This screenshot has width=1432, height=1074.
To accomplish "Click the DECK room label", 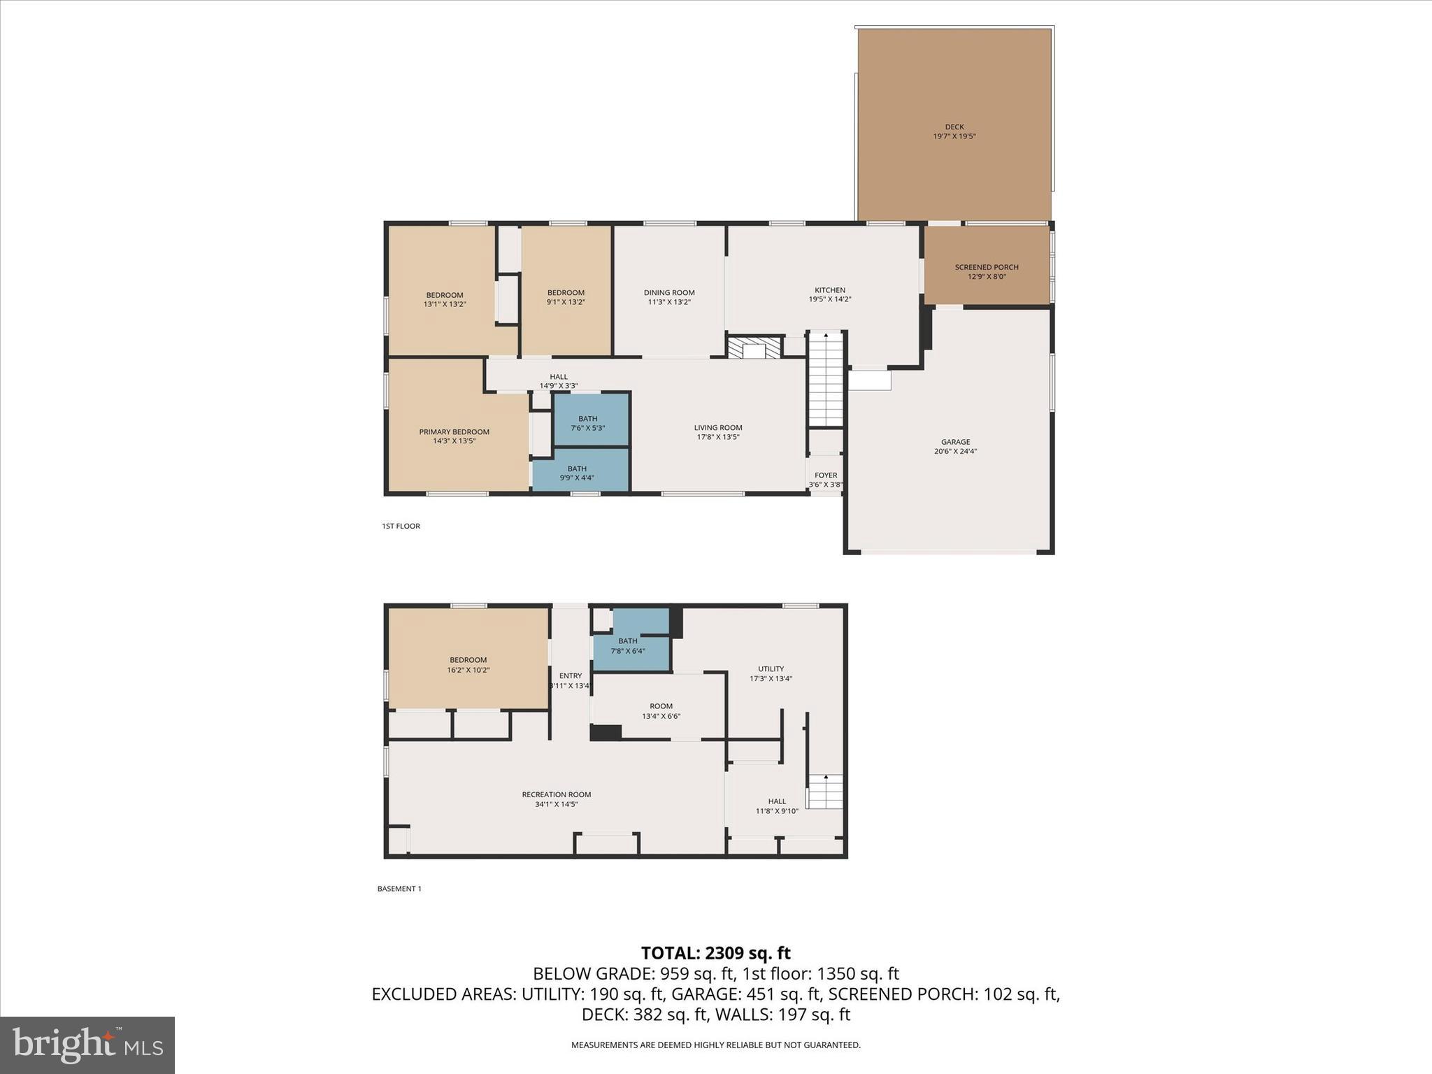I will point(954,127).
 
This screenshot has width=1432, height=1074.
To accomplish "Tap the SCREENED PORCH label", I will point(986,267).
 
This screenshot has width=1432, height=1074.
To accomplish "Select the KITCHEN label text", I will point(829,290).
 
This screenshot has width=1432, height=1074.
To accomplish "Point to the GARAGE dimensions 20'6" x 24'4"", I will point(955,452).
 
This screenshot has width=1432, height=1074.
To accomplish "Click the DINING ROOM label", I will point(669,293).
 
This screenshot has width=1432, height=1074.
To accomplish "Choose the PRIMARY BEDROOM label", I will point(454,432).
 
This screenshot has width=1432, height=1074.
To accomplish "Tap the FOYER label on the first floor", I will point(825,475).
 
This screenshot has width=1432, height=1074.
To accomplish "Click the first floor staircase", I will point(826,381).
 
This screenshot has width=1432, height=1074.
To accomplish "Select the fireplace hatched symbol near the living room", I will point(754,348).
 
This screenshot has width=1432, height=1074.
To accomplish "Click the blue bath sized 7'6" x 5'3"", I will point(591,420).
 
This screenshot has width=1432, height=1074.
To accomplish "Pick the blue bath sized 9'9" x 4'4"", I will point(580,471).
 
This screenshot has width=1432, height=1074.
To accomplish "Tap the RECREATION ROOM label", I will point(556,794).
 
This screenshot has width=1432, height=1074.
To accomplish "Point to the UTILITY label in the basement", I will point(771,668).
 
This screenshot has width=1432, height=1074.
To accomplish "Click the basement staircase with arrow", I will point(825,792).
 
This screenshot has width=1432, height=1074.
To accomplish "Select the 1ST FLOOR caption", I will point(401,526).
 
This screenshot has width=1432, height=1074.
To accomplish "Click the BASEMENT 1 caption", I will point(399,889).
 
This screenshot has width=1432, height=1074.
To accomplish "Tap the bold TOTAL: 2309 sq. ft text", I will point(715,953).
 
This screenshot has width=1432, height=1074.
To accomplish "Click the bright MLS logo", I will point(87,1045).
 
